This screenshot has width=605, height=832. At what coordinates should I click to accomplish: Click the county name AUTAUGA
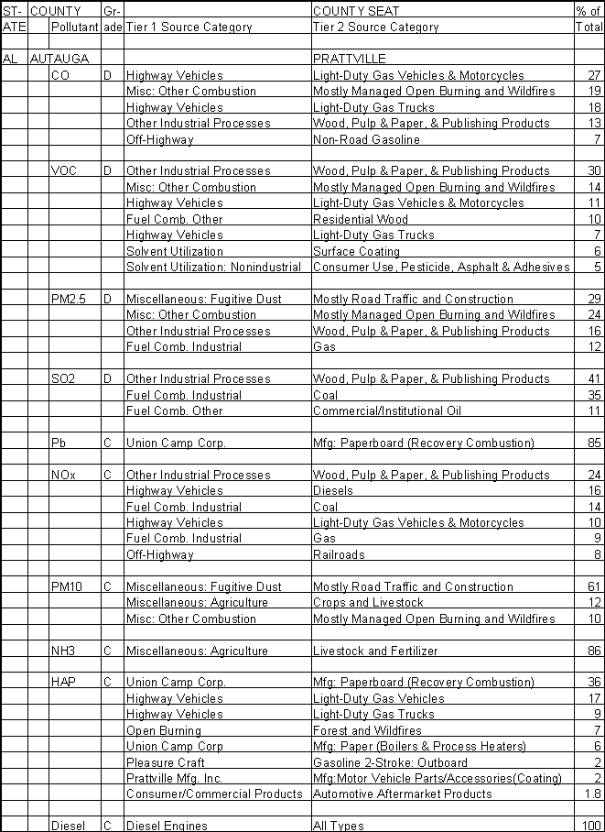(59, 59)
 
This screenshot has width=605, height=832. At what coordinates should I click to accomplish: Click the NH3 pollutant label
(64, 651)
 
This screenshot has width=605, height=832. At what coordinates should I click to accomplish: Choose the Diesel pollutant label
(68, 826)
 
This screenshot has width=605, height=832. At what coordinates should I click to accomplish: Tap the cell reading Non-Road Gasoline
(366, 139)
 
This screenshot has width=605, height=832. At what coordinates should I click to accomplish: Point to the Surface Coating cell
(356, 251)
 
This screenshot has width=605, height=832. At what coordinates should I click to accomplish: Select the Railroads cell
(339, 554)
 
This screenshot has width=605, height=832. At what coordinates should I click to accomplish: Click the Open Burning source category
(164, 730)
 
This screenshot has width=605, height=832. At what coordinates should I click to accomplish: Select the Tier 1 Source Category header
(189, 27)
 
